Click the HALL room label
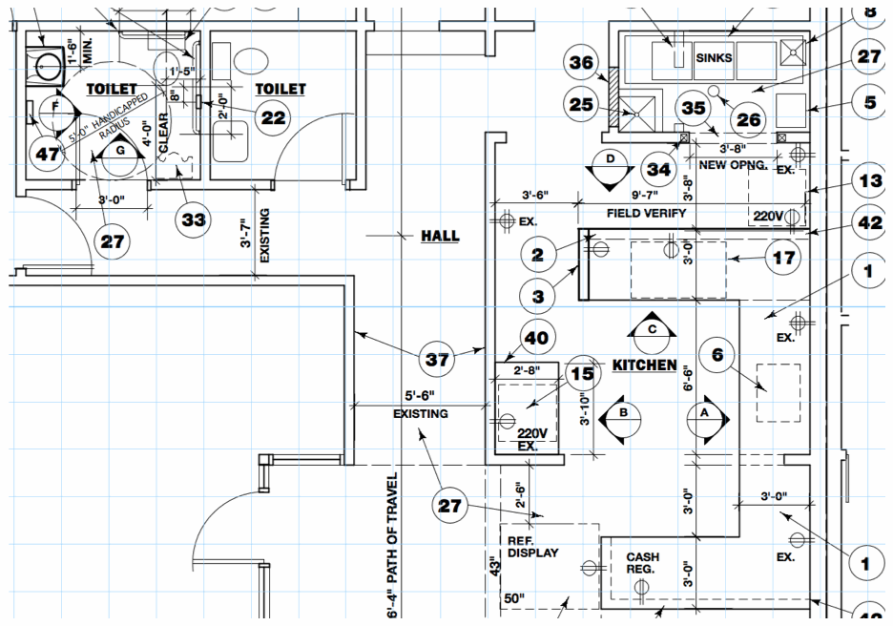point(440,236)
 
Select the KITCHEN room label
point(644,365)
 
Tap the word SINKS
point(714,58)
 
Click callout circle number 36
point(582,63)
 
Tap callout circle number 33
point(194,219)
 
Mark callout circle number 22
point(273,116)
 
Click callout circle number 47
point(45,153)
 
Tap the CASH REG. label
point(641,563)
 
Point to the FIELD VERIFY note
point(647,213)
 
